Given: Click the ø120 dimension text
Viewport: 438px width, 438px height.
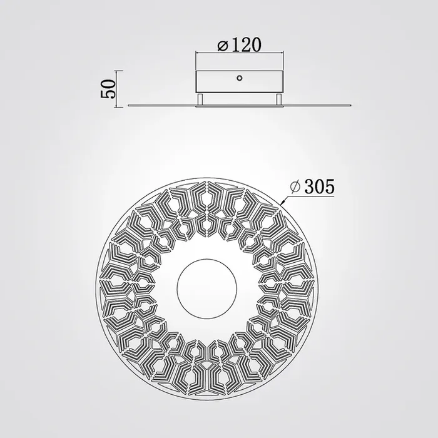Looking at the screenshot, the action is pyautogui.click(x=240, y=44).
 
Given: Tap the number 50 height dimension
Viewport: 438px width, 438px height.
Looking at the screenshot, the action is pyautogui.click(x=108, y=89).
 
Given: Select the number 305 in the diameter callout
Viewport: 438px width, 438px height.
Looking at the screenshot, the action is pyautogui.click(x=319, y=186).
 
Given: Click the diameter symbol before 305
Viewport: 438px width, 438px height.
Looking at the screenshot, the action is pyautogui.click(x=295, y=186).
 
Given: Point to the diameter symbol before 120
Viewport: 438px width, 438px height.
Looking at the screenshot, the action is pyautogui.click(x=223, y=46).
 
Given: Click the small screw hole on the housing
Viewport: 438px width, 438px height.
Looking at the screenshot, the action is pyautogui.click(x=240, y=78).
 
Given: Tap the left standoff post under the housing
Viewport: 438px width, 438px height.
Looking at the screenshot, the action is pyautogui.click(x=200, y=99).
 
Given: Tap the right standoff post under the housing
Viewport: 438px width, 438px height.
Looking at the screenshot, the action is pyautogui.click(x=279, y=99).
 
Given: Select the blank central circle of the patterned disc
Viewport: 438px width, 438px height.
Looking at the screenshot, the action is pyautogui.click(x=207, y=288).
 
